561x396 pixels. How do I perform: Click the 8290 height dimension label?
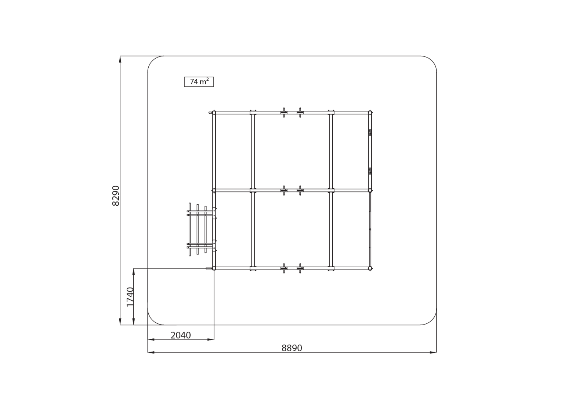coord(116,196)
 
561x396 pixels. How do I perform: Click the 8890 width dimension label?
coord(292,348)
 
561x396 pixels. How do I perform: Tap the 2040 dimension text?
coord(181,335)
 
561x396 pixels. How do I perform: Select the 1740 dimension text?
coord(130,297)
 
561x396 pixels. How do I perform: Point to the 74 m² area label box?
coord(199,82)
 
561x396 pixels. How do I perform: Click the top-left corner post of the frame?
coord(214,113)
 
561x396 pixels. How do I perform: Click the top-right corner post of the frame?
coord(370,113)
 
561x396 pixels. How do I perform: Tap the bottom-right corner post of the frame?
coord(370,268)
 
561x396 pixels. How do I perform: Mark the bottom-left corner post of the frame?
coord(214,268)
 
